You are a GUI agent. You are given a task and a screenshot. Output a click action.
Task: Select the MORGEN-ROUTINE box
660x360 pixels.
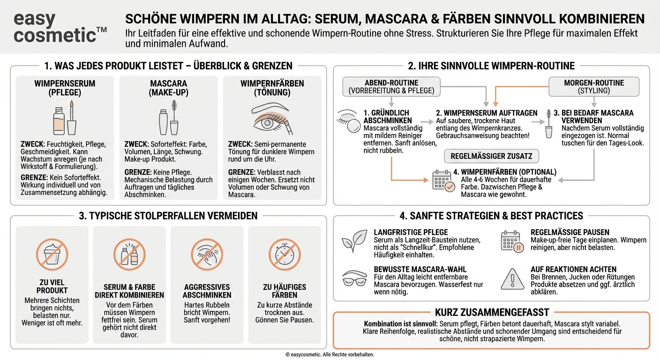(x=594, y=87)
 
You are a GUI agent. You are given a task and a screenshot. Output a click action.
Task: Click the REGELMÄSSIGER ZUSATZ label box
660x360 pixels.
(x=491, y=156)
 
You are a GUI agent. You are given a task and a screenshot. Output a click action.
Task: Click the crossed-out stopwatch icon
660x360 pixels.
(x=285, y=255)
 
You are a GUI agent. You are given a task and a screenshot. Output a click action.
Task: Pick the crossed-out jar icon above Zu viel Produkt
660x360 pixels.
(x=52, y=255)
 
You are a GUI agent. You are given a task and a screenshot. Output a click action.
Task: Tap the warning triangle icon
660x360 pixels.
(x=512, y=279)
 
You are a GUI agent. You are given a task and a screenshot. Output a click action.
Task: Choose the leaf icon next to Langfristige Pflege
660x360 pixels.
(x=353, y=241)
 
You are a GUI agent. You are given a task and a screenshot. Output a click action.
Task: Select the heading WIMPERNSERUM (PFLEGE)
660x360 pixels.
(x=65, y=88)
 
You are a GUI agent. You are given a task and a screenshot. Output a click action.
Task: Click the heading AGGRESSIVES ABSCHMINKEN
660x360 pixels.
(x=207, y=291)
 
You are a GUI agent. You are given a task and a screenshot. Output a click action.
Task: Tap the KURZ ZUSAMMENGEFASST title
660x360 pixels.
(x=492, y=312)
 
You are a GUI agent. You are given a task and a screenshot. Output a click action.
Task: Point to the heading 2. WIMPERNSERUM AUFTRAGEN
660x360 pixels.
(x=487, y=113)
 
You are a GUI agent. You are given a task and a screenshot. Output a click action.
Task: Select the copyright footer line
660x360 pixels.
(x=330, y=355)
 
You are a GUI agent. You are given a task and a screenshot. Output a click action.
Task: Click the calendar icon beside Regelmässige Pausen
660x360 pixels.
(x=512, y=241)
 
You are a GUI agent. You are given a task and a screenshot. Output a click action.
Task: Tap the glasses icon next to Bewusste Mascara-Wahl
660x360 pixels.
(x=354, y=278)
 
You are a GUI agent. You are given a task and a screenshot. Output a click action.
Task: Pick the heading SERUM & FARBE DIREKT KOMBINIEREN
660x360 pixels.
(x=129, y=291)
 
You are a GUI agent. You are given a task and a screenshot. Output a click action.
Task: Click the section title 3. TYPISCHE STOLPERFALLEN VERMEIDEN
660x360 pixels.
(x=168, y=216)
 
